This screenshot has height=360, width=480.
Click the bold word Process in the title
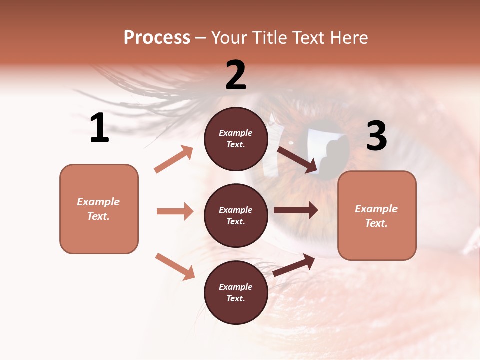point(157,38)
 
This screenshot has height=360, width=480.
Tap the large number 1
point(99,128)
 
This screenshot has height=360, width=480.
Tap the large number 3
point(376,136)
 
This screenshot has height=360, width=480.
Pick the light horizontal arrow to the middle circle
point(175,211)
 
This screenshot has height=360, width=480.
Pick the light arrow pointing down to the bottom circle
point(175,266)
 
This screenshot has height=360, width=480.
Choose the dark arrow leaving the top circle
point(297,160)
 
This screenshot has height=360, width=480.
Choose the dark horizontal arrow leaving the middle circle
point(296,210)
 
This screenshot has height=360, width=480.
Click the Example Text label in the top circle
point(236,139)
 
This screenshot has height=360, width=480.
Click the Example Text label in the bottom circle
point(236,293)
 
